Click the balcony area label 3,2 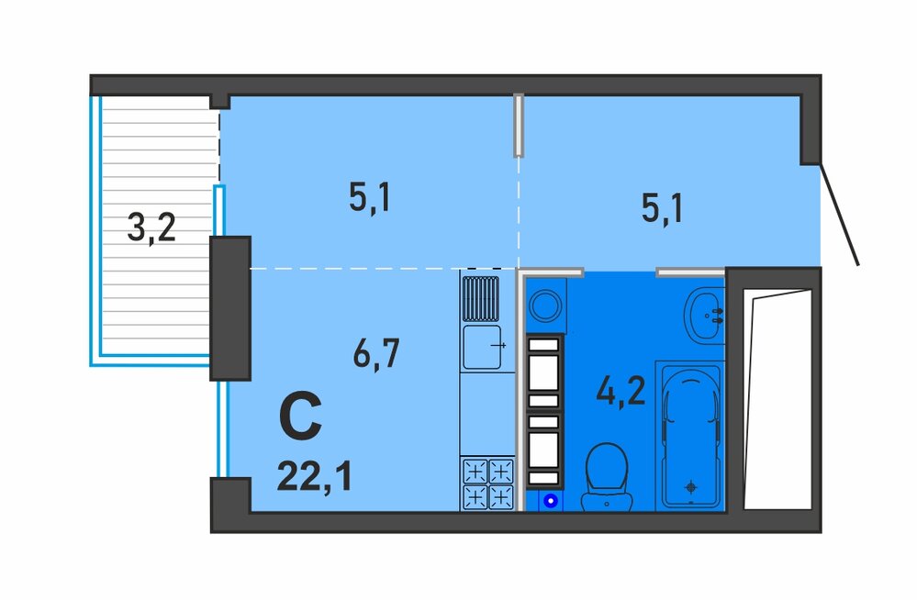(151, 228)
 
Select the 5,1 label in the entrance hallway (662, 208)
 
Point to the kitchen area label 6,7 (376, 352)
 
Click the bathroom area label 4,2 (621, 390)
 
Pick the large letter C (300, 416)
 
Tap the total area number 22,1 (315, 476)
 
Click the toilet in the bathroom (607, 477)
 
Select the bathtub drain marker (692, 486)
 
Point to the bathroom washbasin (705, 316)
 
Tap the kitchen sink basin (482, 347)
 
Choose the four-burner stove (487, 484)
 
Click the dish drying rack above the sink (481, 299)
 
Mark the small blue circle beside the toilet (550, 501)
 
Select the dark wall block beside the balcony (230, 308)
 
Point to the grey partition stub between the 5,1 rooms (518, 125)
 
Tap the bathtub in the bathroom (690, 436)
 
